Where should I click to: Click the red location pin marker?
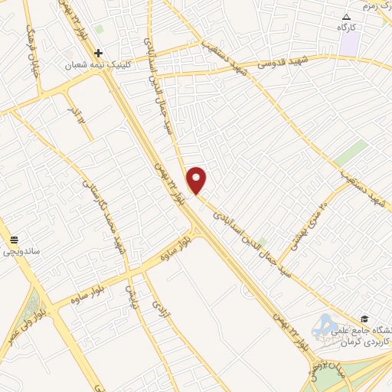[x=197, y=180]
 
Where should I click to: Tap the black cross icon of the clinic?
[x=98, y=53]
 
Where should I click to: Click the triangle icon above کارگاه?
[x=347, y=16]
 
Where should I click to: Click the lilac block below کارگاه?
[x=350, y=44]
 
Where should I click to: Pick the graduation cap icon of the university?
[x=365, y=318]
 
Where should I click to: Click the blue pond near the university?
[x=325, y=328]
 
